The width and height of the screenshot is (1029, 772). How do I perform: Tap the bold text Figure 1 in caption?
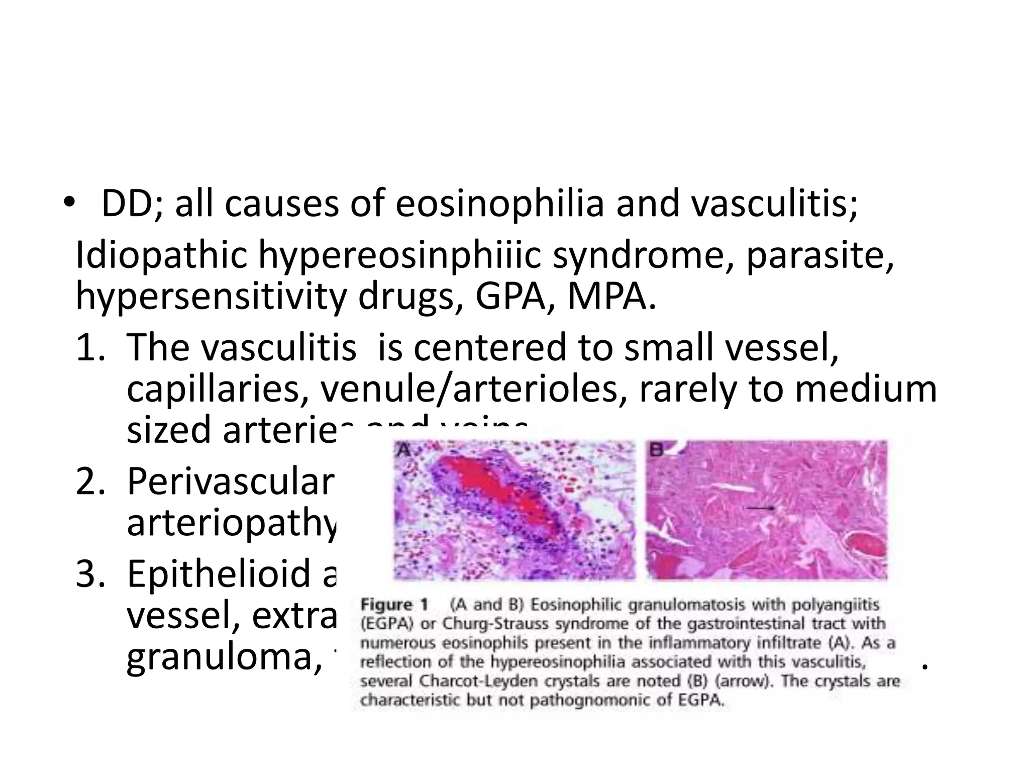tap(394, 606)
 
